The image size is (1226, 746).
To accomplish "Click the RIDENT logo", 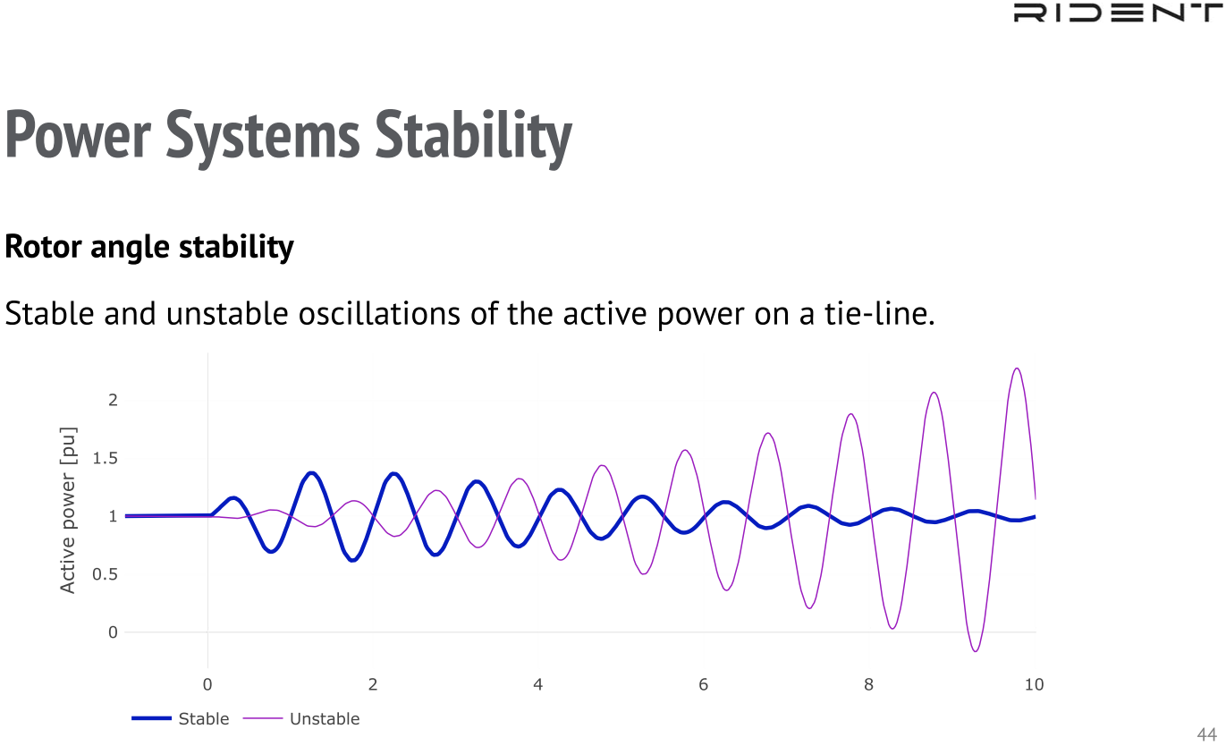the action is pos(1118,13).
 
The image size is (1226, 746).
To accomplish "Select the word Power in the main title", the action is pos(78,135).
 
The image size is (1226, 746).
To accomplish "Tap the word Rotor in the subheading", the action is pos(43,247).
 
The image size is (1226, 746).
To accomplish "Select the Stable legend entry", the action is pos(181,718).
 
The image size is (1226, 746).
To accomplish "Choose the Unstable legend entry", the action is pos(301,718).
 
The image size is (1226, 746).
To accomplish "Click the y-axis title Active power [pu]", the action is pos(67,510).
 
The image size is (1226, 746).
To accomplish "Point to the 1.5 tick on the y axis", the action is pos(106,458).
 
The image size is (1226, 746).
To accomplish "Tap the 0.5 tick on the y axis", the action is pos(106,574).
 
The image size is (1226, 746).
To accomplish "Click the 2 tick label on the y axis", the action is pos(113,400).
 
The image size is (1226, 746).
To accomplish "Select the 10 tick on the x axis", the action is pos(1034,684).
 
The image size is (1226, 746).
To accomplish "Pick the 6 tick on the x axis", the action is pos(703,684).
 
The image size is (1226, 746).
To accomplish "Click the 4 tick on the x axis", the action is pos(538,684).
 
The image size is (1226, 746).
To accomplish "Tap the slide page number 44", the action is pos(1207,734).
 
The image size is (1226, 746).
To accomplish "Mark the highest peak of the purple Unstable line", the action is pos(1017,369).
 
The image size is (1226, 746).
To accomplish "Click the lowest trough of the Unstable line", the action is pos(976,651).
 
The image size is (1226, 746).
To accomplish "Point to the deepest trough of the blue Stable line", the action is pos(353,559).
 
